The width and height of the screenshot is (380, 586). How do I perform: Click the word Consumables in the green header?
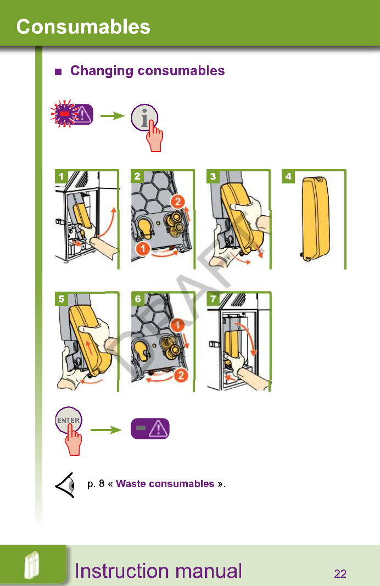[83, 26]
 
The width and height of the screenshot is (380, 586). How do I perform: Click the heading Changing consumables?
[147, 71]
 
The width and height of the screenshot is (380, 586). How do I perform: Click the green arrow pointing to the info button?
[113, 116]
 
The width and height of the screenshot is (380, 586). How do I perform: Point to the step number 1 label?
[62, 176]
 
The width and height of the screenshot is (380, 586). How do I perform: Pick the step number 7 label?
[213, 299]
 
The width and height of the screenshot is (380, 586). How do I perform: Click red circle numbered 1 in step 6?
[176, 325]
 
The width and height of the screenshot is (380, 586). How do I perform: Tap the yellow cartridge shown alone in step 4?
[315, 218]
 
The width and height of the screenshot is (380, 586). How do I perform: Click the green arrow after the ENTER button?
[105, 429]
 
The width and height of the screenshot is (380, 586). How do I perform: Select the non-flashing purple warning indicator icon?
[150, 428]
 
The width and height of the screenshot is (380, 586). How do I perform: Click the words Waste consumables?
[165, 484]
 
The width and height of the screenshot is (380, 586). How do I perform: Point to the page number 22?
[340, 574]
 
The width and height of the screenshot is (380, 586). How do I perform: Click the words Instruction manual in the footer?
[158, 571]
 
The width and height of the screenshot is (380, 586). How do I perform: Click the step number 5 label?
[62, 299]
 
